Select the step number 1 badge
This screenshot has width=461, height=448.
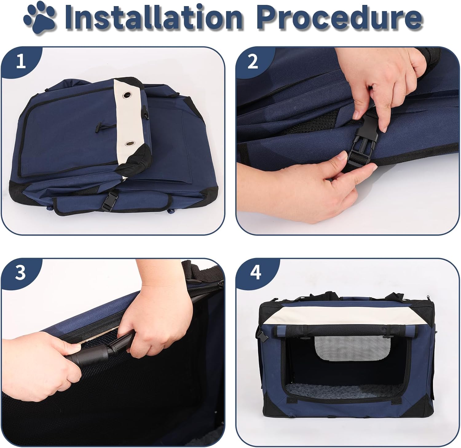[21, 61]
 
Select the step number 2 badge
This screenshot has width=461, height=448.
[253, 61]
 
